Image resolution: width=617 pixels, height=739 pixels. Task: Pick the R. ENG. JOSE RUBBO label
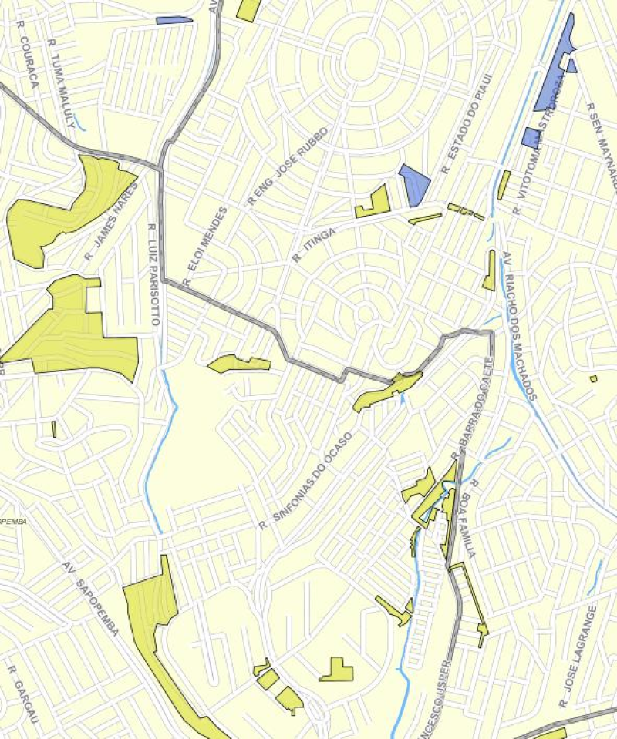coord(287,166)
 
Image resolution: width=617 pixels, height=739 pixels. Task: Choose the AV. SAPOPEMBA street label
coord(91,598)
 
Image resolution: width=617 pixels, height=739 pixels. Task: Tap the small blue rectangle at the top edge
coord(174,20)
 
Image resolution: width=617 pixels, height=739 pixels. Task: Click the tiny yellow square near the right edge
coord(593,378)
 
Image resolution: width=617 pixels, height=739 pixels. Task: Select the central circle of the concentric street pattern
coord(362,60)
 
